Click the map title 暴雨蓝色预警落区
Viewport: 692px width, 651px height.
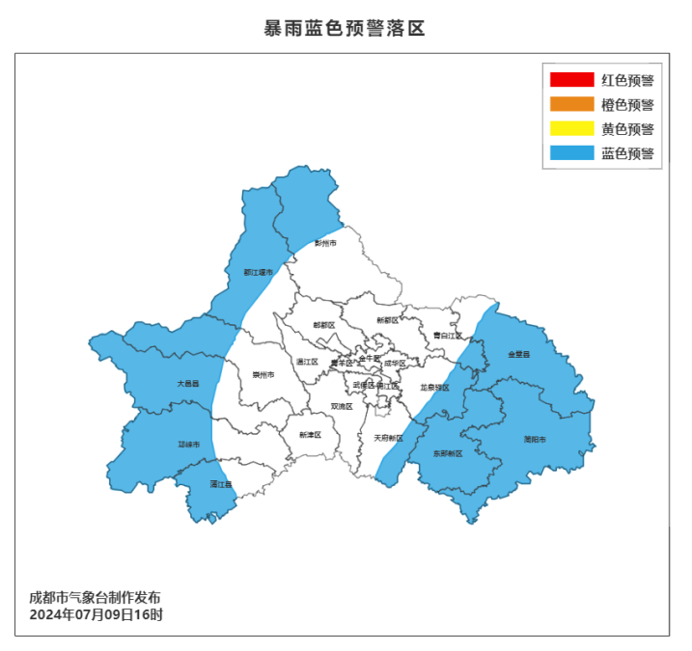coord(345,28)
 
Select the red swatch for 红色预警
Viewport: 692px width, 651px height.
coord(571,79)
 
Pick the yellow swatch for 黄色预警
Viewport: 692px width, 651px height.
coord(571,128)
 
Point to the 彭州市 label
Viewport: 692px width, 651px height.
coord(326,243)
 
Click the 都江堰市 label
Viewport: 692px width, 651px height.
coord(258,272)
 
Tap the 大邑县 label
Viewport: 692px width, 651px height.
coord(187,383)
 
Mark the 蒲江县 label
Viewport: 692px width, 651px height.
coord(221,484)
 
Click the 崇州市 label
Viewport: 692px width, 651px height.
coord(263,374)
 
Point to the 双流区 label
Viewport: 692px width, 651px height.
coord(342,406)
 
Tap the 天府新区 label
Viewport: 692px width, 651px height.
coord(388,438)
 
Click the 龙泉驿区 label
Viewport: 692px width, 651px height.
coord(434,387)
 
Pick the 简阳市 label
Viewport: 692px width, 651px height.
coord(535,439)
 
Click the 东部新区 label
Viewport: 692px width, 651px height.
coord(448,452)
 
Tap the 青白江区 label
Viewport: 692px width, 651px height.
coord(447,336)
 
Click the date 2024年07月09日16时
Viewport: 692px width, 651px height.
coord(96,614)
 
